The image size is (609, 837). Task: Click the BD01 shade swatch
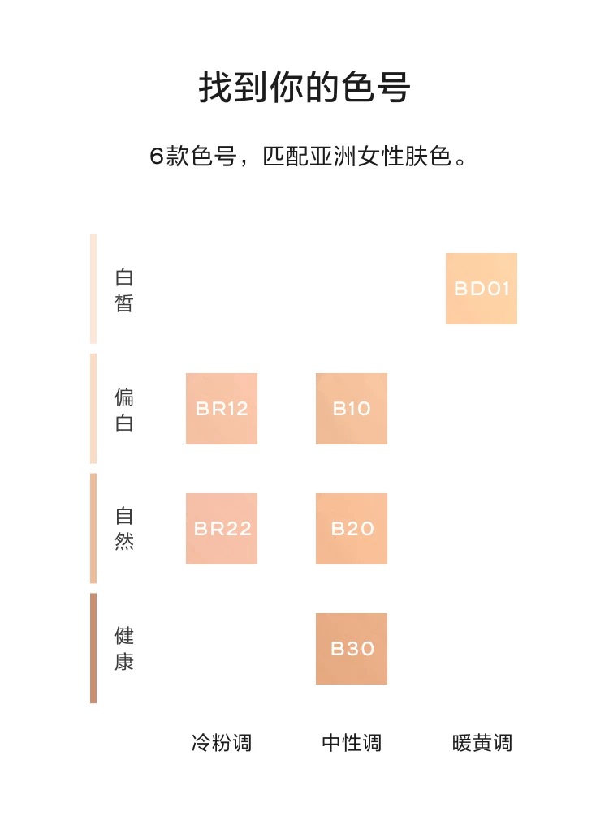click(x=482, y=289)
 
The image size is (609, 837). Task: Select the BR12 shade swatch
click(x=222, y=409)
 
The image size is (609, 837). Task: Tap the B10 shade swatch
click(x=352, y=409)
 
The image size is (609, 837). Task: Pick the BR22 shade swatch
click(x=222, y=529)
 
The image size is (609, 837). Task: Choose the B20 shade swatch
click(x=352, y=529)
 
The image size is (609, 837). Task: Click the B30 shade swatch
click(x=352, y=649)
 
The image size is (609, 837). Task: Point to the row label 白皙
click(x=124, y=290)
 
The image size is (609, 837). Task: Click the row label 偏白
click(x=124, y=410)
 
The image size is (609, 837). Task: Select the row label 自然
click(x=124, y=529)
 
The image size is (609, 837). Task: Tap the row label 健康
click(x=124, y=648)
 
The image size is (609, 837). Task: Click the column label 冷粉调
click(x=222, y=743)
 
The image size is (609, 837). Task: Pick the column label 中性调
click(x=352, y=743)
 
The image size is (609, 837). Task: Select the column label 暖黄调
click(x=482, y=743)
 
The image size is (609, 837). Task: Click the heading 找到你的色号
click(x=304, y=88)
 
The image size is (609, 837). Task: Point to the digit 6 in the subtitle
click(x=158, y=157)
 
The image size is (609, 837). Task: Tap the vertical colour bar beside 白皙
click(x=93, y=289)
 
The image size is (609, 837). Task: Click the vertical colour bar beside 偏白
click(x=93, y=409)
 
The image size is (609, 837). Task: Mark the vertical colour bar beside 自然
click(x=93, y=528)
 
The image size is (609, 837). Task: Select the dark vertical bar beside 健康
click(x=93, y=648)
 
